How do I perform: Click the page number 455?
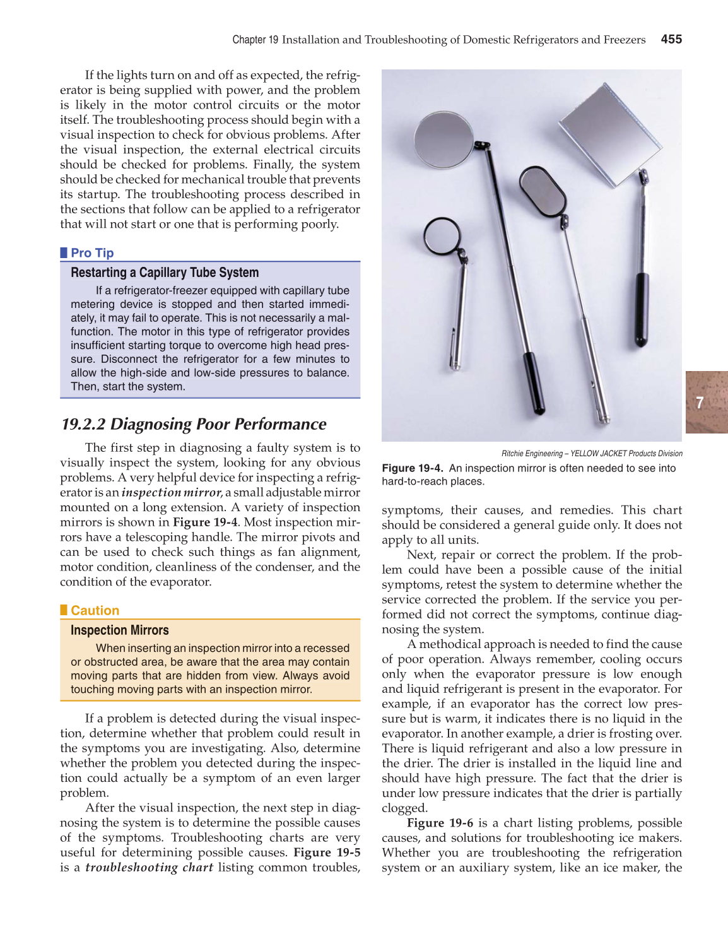(671, 39)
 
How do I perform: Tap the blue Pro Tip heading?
(92, 253)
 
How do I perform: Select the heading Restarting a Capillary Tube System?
(165, 273)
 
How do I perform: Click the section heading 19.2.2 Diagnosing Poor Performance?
(194, 424)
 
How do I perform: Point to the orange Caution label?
(95, 610)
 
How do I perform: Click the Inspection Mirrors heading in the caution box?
(120, 630)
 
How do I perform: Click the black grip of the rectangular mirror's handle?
(642, 309)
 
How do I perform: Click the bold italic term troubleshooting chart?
(149, 867)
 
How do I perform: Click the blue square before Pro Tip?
(64, 253)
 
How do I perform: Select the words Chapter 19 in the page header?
(255, 40)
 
